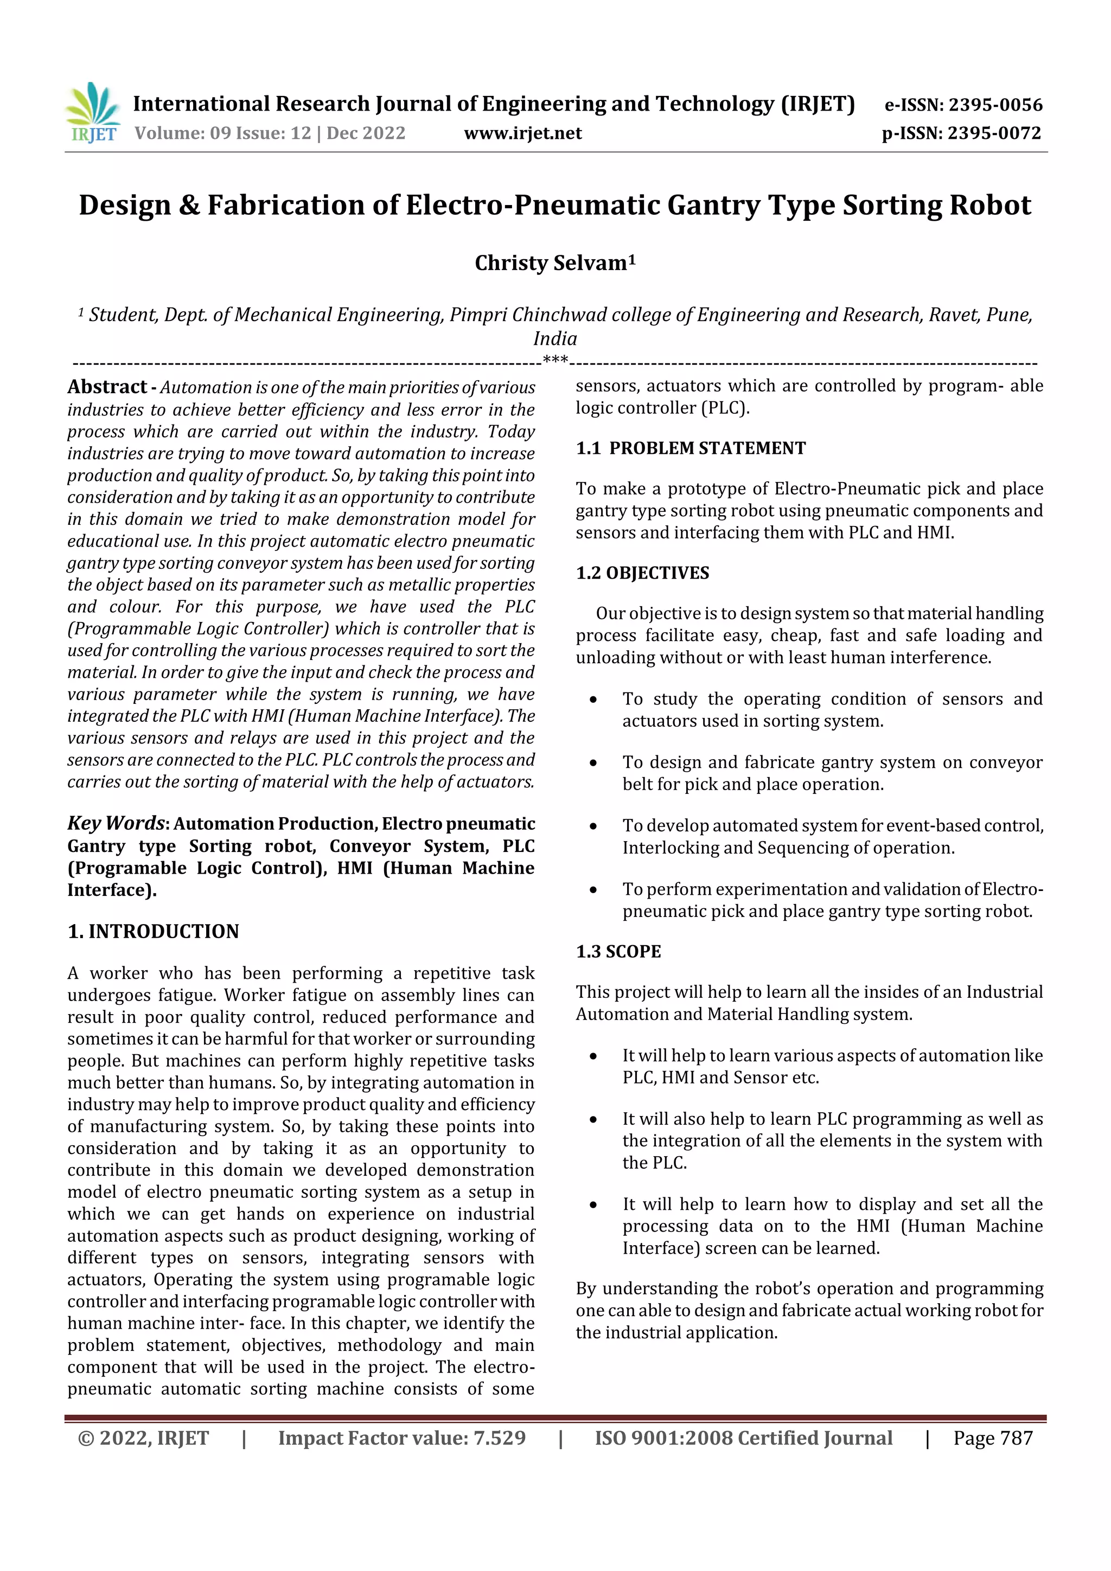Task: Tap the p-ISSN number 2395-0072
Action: [994, 133]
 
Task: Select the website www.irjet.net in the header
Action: [522, 133]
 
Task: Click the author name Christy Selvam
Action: [554, 264]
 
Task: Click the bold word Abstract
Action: [107, 387]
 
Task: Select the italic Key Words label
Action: [115, 823]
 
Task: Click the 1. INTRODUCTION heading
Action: [154, 931]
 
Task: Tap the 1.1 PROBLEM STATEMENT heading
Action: [691, 448]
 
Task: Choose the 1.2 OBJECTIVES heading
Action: [642, 573]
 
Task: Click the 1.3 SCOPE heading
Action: [618, 952]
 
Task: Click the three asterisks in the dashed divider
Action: [555, 361]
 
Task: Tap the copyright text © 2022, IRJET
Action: [143, 1438]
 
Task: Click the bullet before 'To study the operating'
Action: [593, 700]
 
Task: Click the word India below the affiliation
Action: [555, 339]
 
